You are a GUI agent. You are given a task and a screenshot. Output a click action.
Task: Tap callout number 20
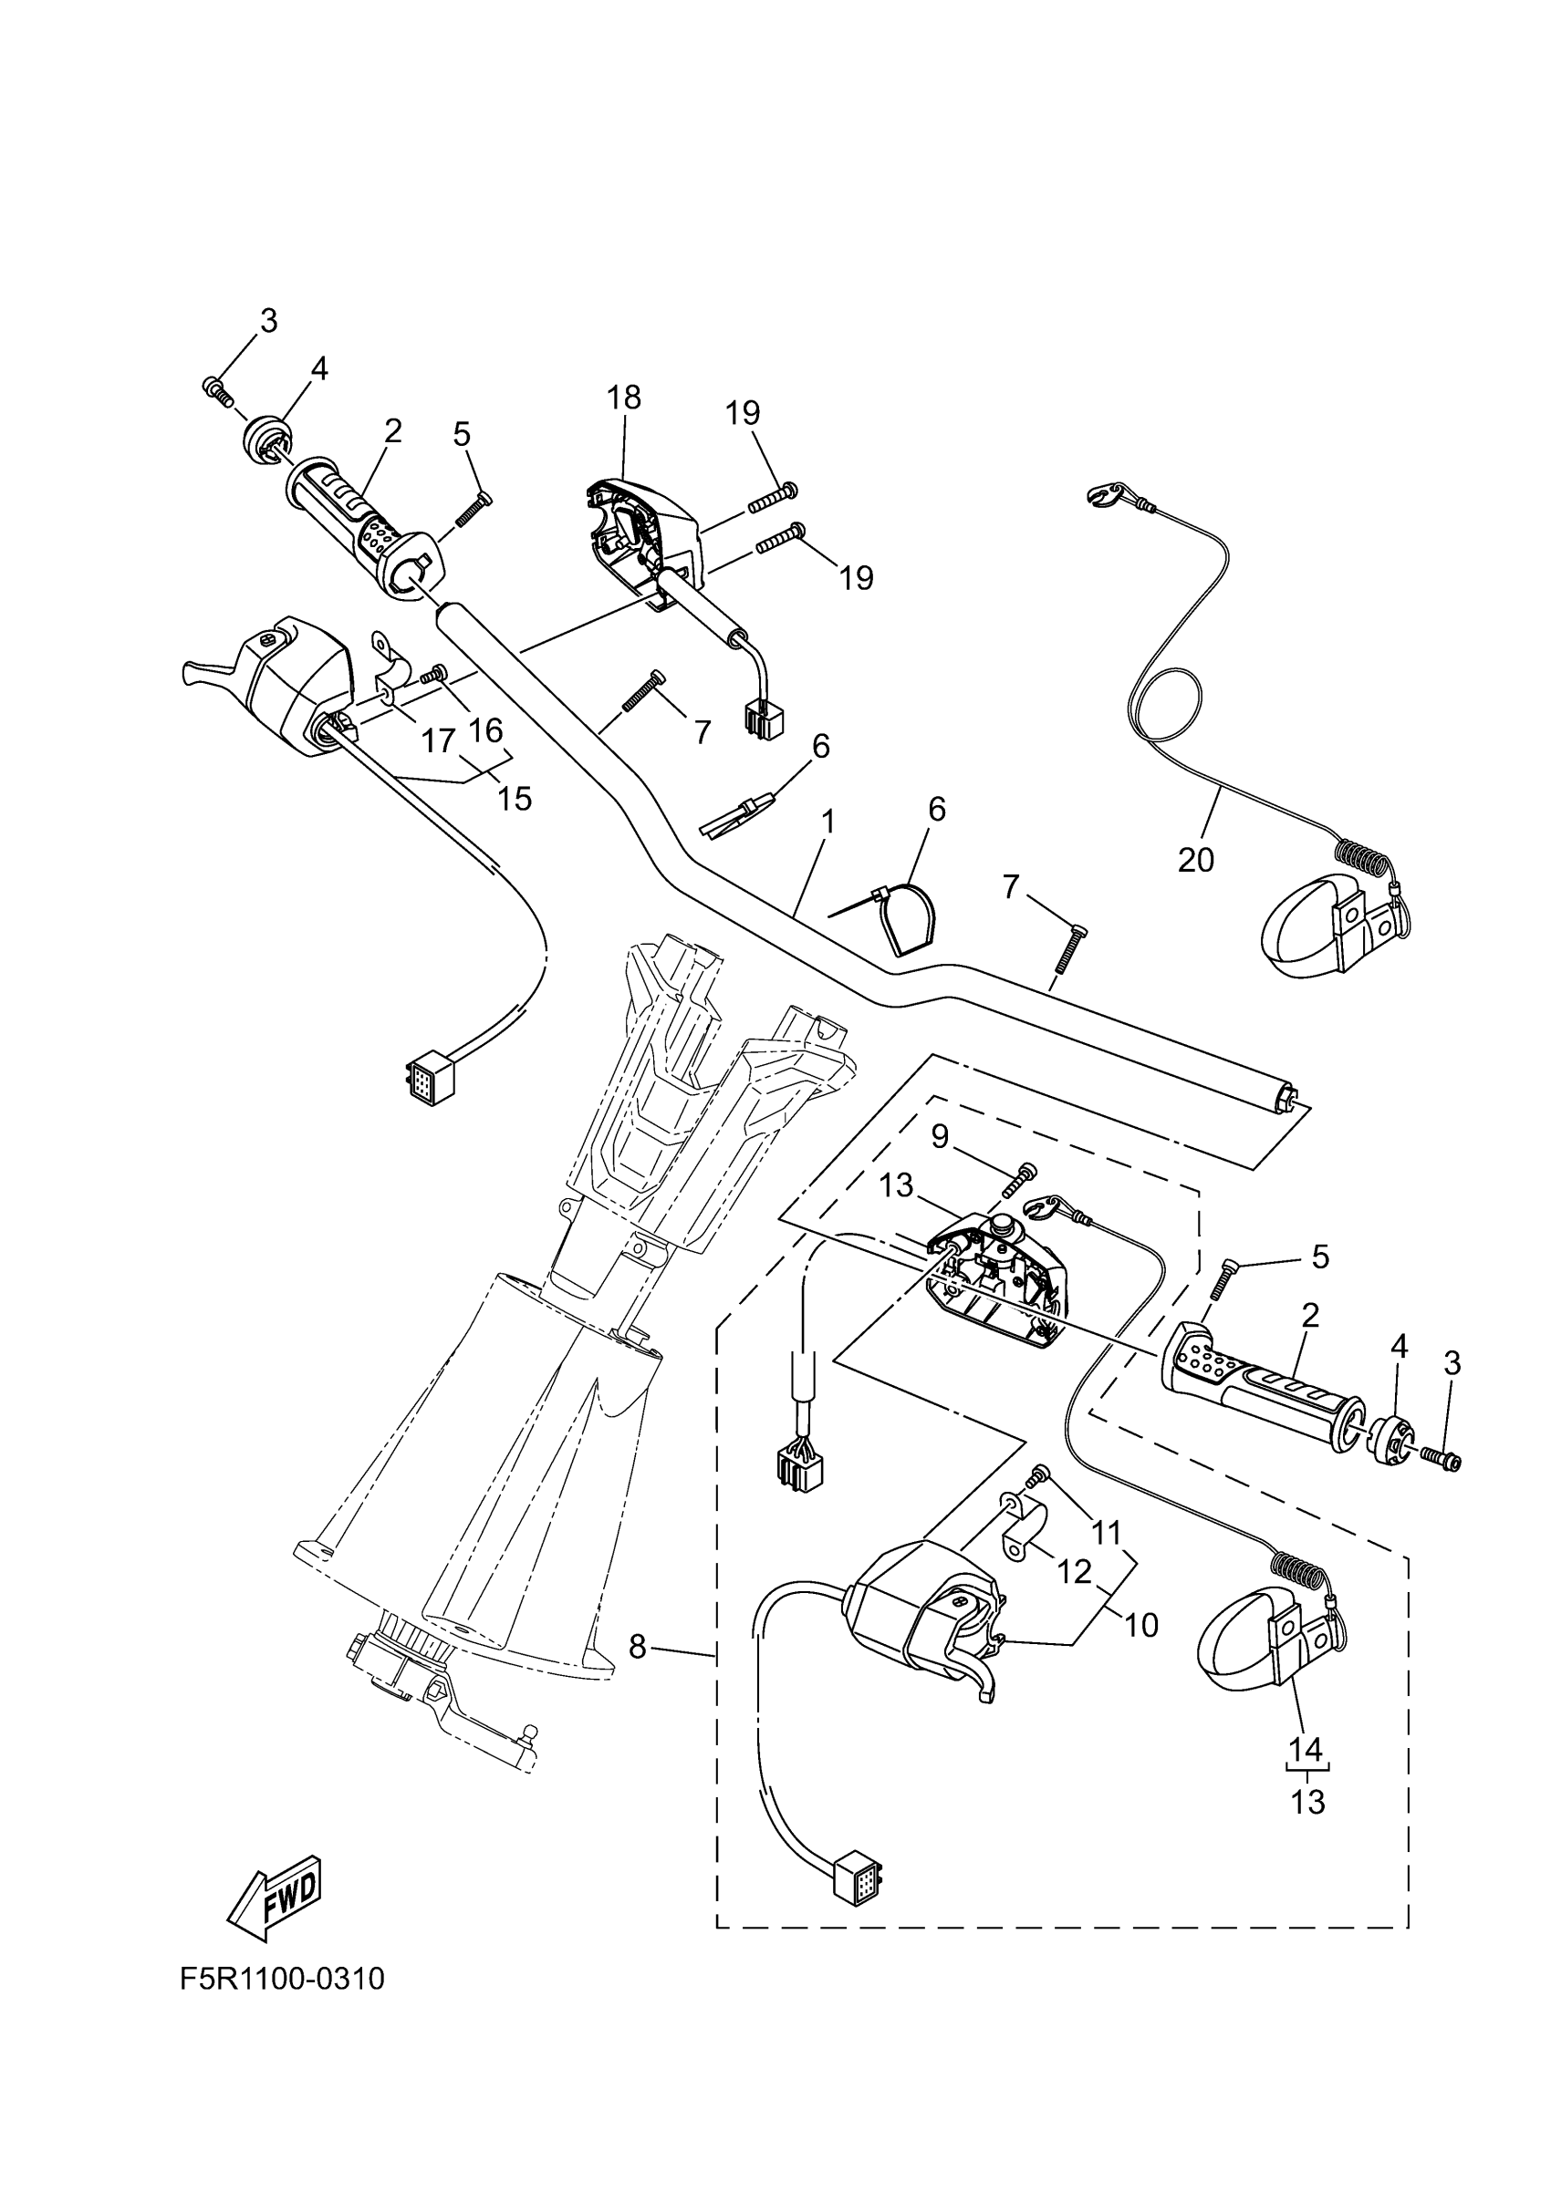1195,860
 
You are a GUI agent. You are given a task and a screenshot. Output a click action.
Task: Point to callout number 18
624,398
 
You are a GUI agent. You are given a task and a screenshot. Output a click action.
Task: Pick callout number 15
515,798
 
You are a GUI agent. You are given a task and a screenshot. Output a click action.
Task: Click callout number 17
439,740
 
